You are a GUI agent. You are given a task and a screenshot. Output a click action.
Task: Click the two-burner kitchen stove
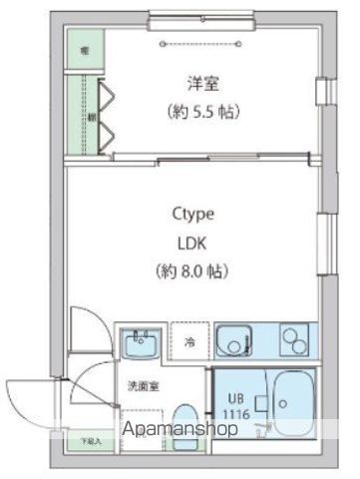(x=292, y=341)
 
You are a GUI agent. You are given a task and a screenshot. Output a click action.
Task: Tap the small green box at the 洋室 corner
(x=84, y=47)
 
